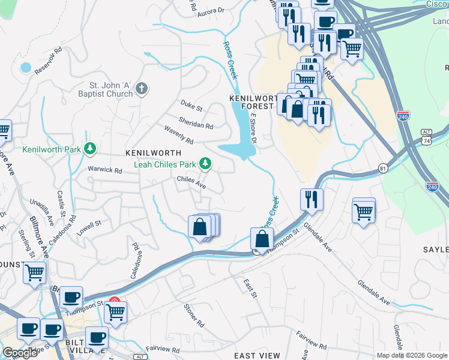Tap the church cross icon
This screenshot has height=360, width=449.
click(142, 89)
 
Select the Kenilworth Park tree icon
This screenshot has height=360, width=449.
click(89, 148)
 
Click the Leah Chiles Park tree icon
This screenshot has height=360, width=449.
click(205, 163)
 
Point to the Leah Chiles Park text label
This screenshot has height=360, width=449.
click(164, 164)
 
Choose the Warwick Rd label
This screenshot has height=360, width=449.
click(105, 170)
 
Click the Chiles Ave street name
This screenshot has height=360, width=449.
click(191, 182)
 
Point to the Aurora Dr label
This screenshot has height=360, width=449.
click(211, 10)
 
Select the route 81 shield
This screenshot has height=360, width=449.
click(382, 168)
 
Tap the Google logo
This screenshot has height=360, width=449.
click(20, 353)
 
